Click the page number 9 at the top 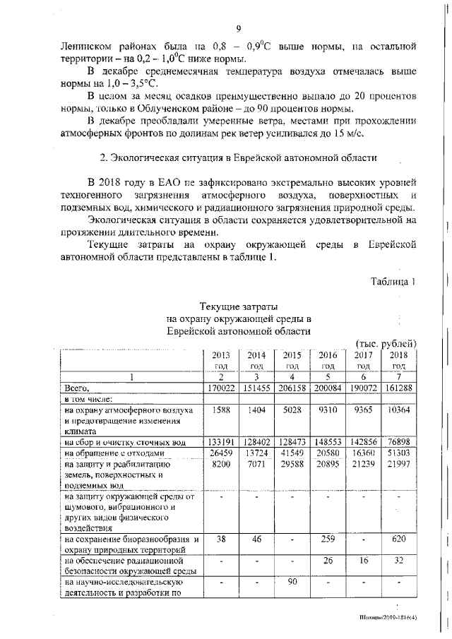coord(239,28)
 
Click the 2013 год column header coord(221,360)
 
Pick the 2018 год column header coord(399,360)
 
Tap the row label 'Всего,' coord(76,388)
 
